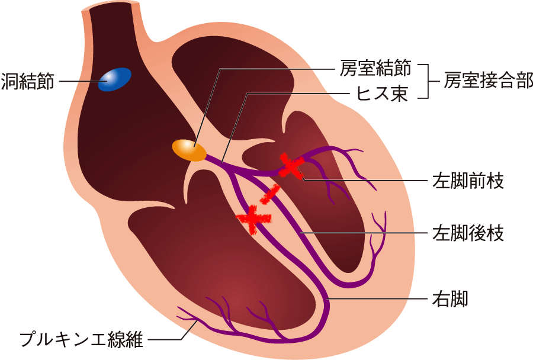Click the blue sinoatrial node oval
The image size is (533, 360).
pyautogui.click(x=114, y=79)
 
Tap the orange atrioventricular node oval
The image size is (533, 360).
pyautogui.click(x=189, y=150)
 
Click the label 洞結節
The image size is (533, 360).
pyautogui.click(x=28, y=82)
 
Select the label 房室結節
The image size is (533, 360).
pyautogui.click(x=375, y=68)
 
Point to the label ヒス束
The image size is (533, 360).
pyautogui.click(x=382, y=93)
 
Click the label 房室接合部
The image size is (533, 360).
pyautogui.click(x=488, y=81)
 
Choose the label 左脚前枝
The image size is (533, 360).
pyautogui.click(x=468, y=181)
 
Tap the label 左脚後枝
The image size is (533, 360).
pyautogui.click(x=468, y=233)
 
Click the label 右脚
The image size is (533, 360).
pyautogui.click(x=450, y=298)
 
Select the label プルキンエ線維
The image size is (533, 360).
pyautogui.click(x=82, y=339)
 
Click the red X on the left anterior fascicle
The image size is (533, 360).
pyautogui.click(x=291, y=166)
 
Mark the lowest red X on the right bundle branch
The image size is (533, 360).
pyautogui.click(x=254, y=219)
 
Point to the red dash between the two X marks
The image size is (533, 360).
pyautogui.click(x=270, y=194)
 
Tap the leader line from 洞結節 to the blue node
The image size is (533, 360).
pyautogui.click(x=79, y=82)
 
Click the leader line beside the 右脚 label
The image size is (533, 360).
pyautogui.click(x=377, y=299)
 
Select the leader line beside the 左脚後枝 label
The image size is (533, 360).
pyautogui.click(x=364, y=233)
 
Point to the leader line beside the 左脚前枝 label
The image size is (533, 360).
pyautogui.click(x=365, y=180)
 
